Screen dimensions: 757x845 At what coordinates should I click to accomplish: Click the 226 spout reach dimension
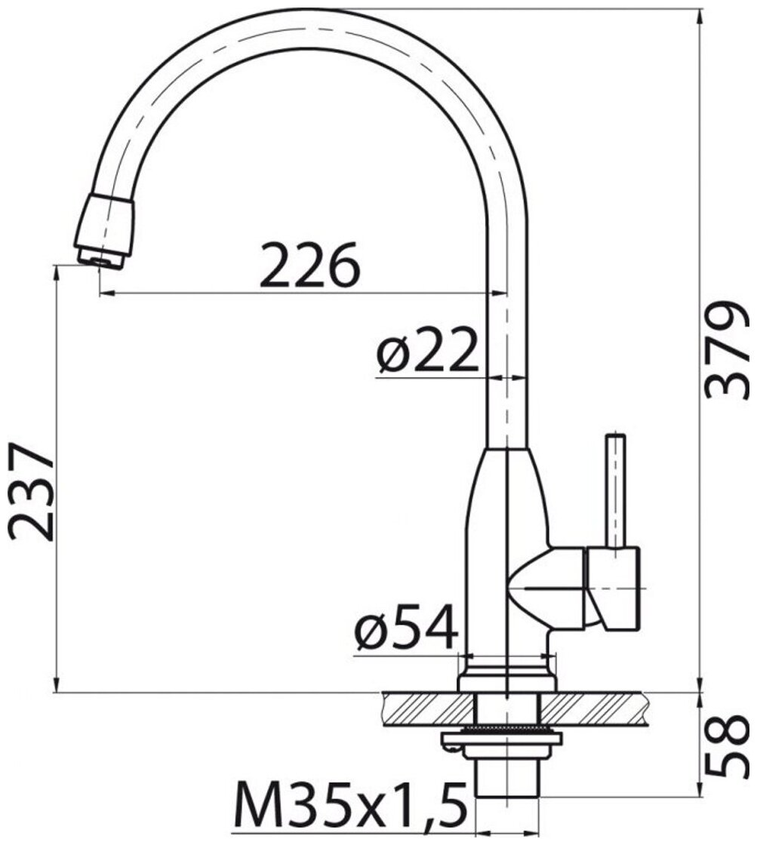[x=309, y=265]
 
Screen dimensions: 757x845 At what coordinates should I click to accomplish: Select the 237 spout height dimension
[x=32, y=490]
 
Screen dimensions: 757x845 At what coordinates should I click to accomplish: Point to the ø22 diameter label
[x=428, y=350]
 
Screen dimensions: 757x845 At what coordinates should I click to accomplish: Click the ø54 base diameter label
[x=406, y=627]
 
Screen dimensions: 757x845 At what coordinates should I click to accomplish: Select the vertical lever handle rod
[x=615, y=490]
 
